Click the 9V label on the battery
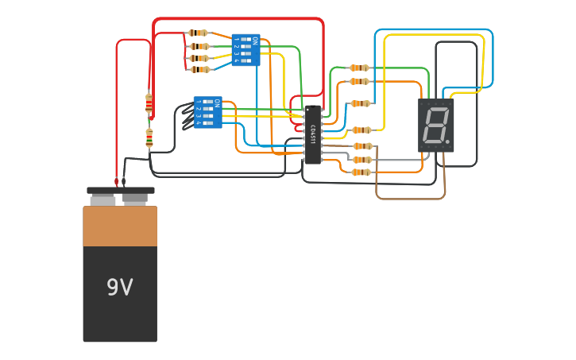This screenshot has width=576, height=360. pyautogui.click(x=119, y=288)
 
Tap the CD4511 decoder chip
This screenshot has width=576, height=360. pyautogui.click(x=313, y=135)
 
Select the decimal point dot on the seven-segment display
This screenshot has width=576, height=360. pyautogui.click(x=447, y=142)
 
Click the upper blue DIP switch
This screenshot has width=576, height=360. pyautogui.click(x=245, y=50)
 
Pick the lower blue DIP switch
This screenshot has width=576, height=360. pyautogui.click(x=207, y=112)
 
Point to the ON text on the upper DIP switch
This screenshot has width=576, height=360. pyautogui.click(x=254, y=40)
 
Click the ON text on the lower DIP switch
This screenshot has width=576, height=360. pyautogui.click(x=216, y=102)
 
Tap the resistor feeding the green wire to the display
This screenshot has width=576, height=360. pyautogui.click(x=359, y=68)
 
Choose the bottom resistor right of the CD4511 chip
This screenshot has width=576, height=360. pyautogui.click(x=361, y=172)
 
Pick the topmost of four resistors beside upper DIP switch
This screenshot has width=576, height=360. pyautogui.click(x=198, y=33)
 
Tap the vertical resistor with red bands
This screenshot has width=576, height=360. pyautogui.click(x=149, y=103)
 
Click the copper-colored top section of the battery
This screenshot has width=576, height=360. pyautogui.click(x=120, y=226)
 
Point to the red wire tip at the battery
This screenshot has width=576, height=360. pyautogui.click(x=117, y=182)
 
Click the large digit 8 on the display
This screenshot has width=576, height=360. pyautogui.click(x=435, y=125)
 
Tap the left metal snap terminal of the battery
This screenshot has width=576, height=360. pyautogui.click(x=103, y=199)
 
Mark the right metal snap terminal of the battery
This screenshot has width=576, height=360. pyautogui.click(x=135, y=198)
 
